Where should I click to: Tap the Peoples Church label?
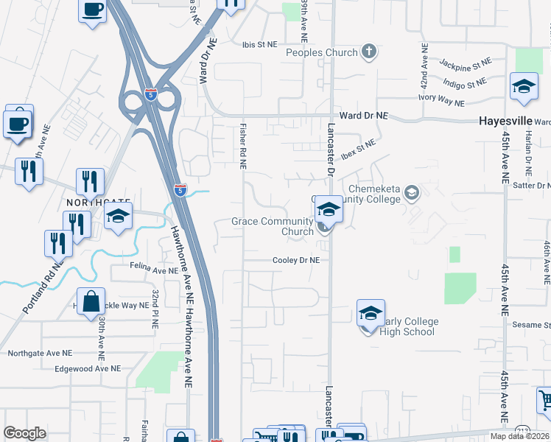(x=321, y=52)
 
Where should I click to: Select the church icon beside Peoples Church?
(x=369, y=52)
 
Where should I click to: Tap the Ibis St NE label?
(x=260, y=44)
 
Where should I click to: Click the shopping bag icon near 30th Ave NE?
(x=91, y=301)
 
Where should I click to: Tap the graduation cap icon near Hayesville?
(x=524, y=86)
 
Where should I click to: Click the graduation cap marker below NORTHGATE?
(x=117, y=217)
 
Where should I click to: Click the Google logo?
(x=25, y=433)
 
